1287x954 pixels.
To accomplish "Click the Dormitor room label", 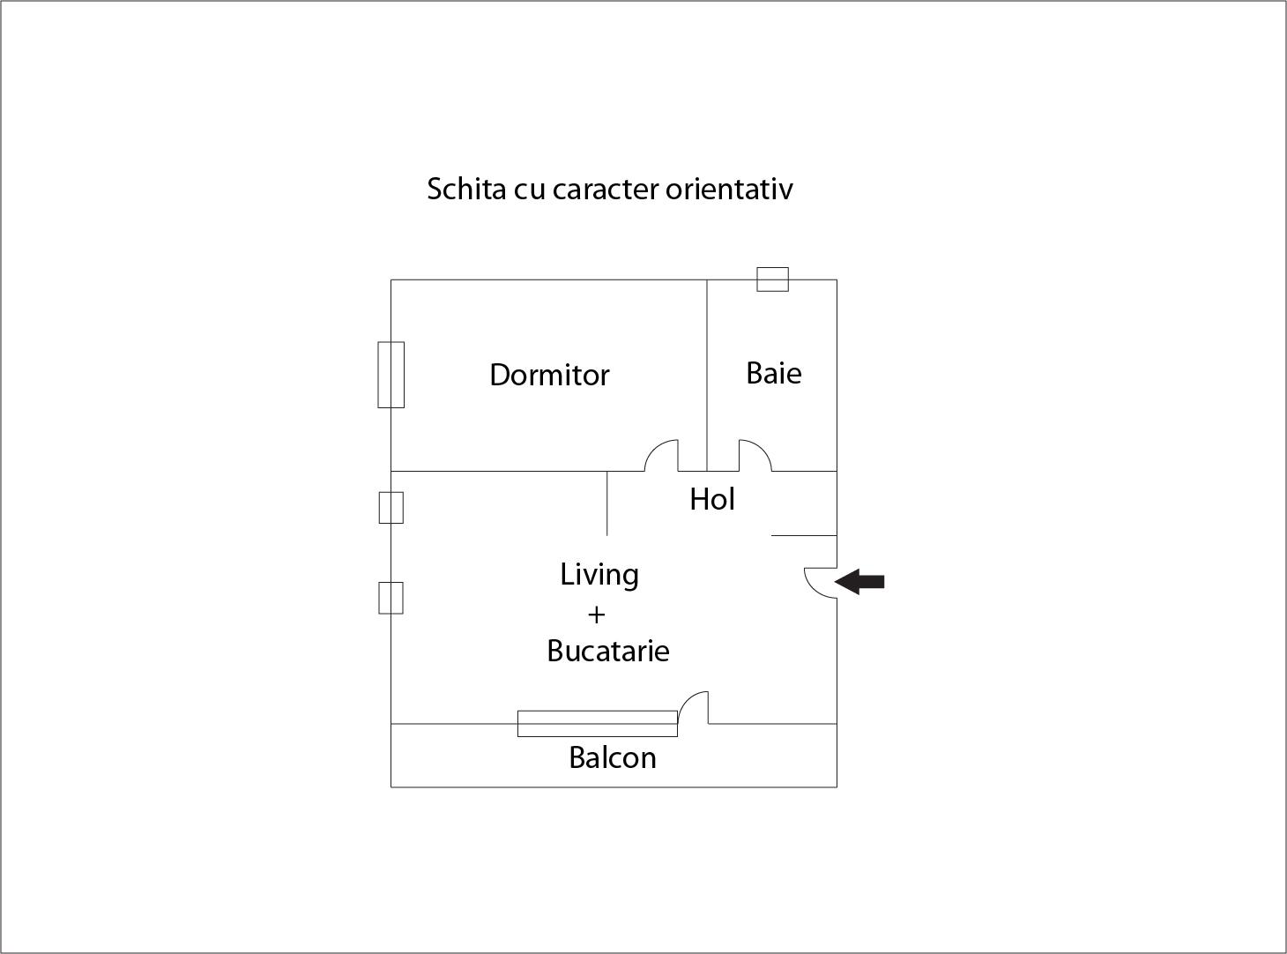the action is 549,375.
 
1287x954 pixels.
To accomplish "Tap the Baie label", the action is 774,373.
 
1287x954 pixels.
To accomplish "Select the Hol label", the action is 712,499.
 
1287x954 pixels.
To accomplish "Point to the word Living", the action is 599,575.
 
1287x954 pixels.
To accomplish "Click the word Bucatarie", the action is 608,651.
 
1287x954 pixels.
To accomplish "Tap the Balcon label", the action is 612,757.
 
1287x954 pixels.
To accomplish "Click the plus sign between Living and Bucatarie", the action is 597,615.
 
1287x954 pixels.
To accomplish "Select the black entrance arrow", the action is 859,582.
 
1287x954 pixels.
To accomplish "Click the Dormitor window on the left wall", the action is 391,375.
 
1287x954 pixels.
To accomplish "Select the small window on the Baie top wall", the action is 772,279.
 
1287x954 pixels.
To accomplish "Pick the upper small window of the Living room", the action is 391,508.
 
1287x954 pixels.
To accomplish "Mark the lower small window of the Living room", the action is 391,598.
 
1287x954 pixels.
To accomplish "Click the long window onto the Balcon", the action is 597,724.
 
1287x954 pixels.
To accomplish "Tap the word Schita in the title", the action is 466,189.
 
